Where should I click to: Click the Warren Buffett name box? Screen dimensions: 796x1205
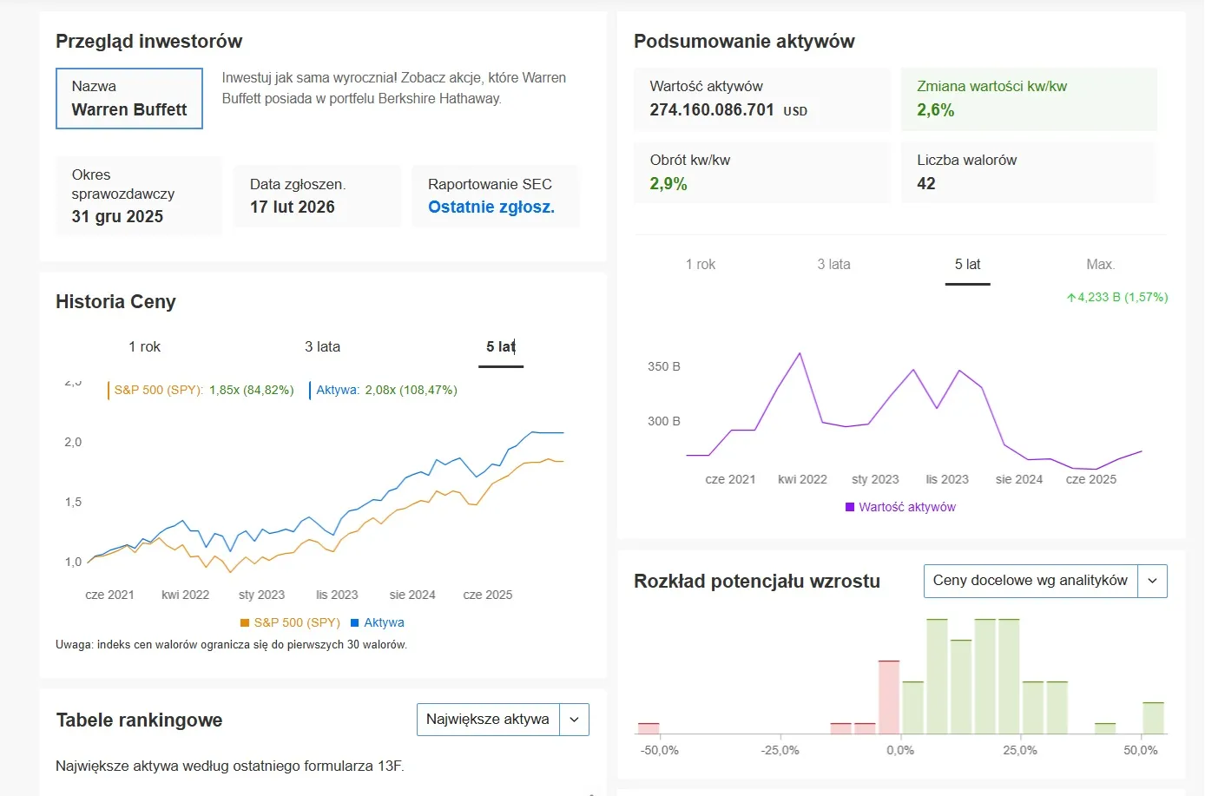(x=129, y=99)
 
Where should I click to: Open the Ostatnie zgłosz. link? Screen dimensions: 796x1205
(x=491, y=207)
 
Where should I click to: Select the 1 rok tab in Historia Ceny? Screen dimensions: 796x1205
(x=144, y=347)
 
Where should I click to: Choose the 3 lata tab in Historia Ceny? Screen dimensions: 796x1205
(x=322, y=347)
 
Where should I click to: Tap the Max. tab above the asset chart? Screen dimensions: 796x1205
(x=1100, y=265)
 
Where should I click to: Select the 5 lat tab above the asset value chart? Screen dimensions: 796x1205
(x=967, y=265)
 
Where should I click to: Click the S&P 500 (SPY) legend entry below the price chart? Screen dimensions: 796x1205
(x=290, y=623)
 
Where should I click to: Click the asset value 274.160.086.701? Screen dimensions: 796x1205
(x=711, y=110)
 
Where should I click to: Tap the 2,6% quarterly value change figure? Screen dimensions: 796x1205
(x=935, y=110)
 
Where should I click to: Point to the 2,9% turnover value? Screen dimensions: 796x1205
(x=668, y=184)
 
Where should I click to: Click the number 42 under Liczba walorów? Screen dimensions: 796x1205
(x=926, y=184)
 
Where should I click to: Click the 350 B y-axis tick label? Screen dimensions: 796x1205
(x=663, y=367)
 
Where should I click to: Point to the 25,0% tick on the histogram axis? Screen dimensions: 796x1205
(x=1020, y=750)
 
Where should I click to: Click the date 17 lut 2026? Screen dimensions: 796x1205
(x=292, y=207)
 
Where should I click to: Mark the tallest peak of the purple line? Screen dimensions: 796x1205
(x=800, y=353)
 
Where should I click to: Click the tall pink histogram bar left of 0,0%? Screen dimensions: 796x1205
(x=888, y=697)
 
